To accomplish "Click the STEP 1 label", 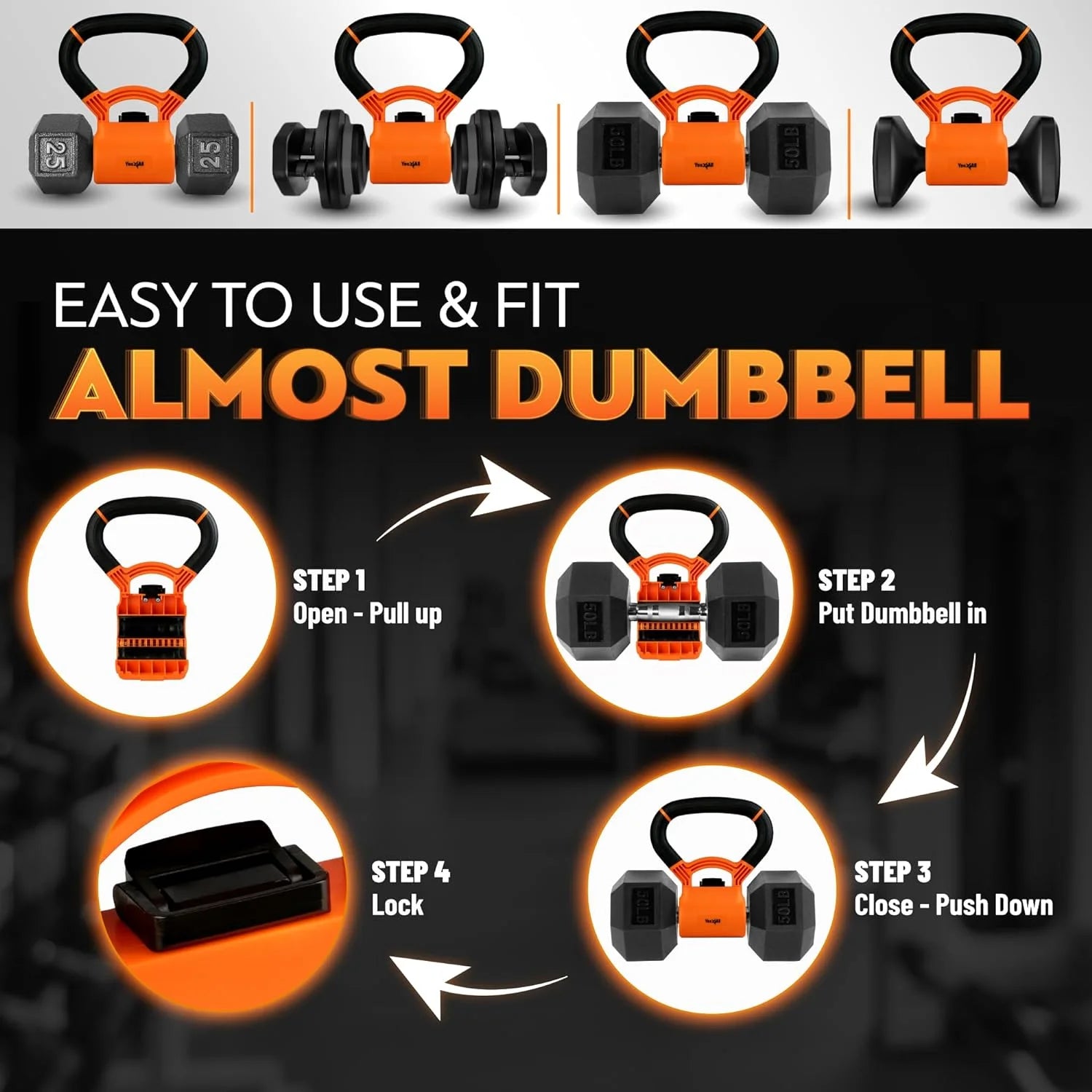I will pyautogui.click(x=329, y=580).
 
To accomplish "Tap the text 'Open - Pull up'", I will pyautogui.click(x=367, y=614).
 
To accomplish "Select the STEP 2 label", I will pyautogui.click(x=856, y=580).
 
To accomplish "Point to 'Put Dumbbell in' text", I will pyautogui.click(x=902, y=614).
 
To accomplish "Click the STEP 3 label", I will pyautogui.click(x=892, y=871).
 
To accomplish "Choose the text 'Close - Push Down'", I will pyautogui.click(x=953, y=905).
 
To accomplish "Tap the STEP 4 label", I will pyautogui.click(x=411, y=871).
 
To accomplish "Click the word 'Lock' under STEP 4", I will pyautogui.click(x=397, y=905).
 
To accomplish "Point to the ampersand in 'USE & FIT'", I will pyautogui.click(x=458, y=306).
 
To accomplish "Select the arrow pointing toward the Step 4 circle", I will pyautogui.click(x=473, y=983).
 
